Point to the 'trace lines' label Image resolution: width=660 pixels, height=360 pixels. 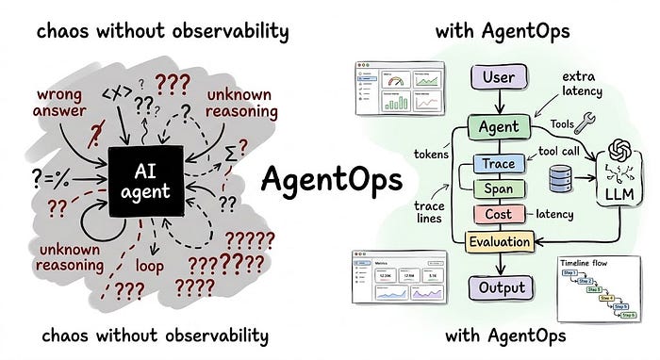(419, 213)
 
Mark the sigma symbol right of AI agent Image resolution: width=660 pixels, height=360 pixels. (233, 150)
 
